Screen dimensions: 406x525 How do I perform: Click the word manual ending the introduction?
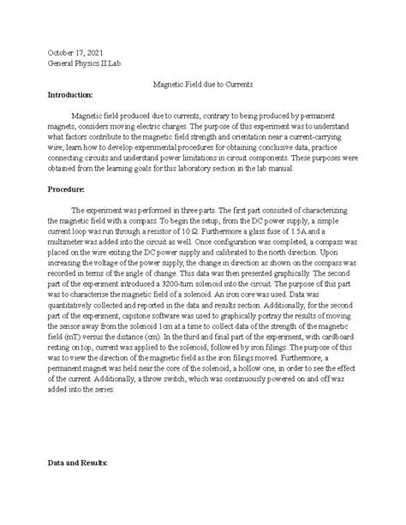tap(276, 169)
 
